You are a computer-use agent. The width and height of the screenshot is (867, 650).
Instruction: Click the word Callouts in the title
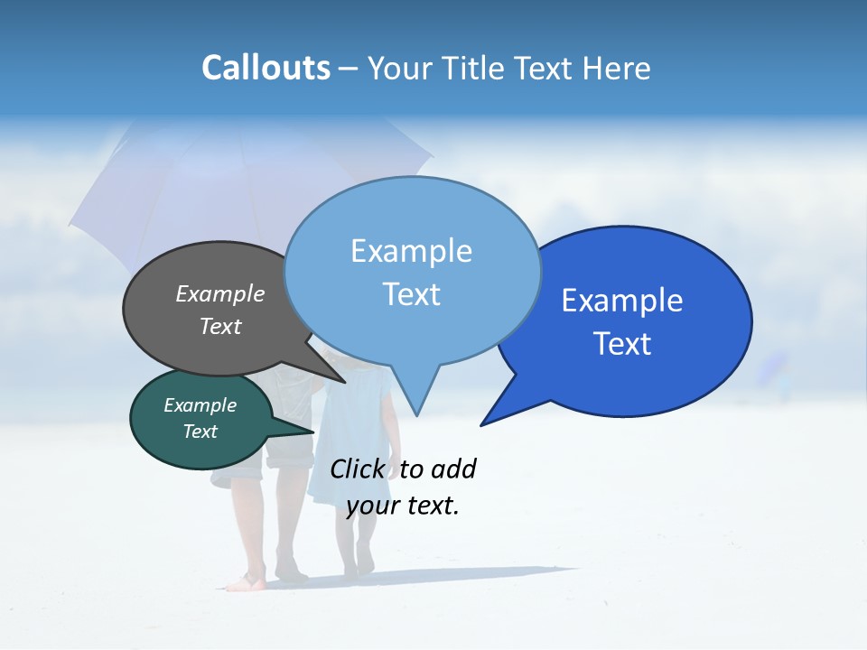266,69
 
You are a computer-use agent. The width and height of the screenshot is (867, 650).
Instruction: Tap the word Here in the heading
611,69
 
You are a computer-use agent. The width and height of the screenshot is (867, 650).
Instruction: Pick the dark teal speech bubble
181,442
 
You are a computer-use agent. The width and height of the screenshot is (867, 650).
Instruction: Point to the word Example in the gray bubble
219,294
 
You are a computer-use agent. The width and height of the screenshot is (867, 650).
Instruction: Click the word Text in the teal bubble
200,432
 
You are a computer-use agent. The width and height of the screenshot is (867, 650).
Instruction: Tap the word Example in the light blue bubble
411,251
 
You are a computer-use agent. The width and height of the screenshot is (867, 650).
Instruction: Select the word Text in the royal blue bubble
623,344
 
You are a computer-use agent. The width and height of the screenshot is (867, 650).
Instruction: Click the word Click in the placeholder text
357,469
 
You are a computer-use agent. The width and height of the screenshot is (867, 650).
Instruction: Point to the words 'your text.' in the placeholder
403,506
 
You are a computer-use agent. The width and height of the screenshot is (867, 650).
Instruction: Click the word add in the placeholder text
453,469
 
